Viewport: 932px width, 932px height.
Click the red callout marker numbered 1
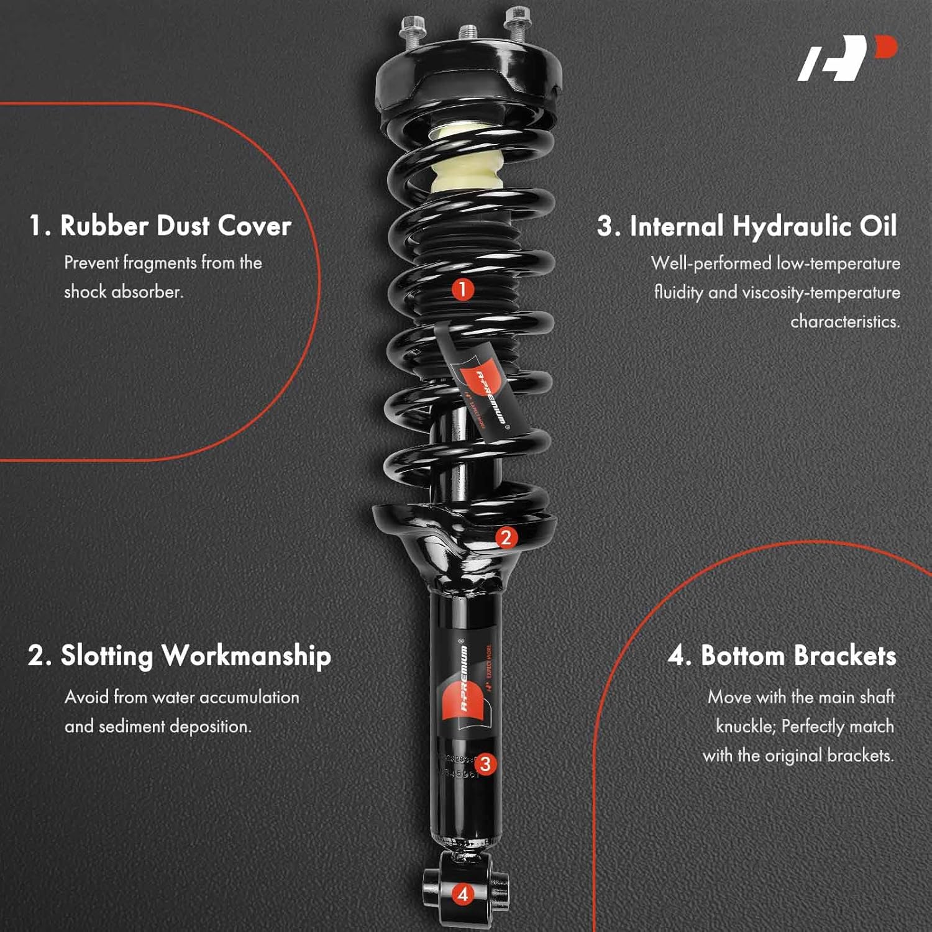462,290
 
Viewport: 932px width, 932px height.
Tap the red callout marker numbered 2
506,537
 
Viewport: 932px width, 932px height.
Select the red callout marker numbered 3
485,764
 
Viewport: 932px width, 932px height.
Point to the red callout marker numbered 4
462,895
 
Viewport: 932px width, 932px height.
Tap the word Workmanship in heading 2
246,656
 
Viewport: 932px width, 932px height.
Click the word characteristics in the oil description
844,322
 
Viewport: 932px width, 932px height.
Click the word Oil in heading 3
878,226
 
